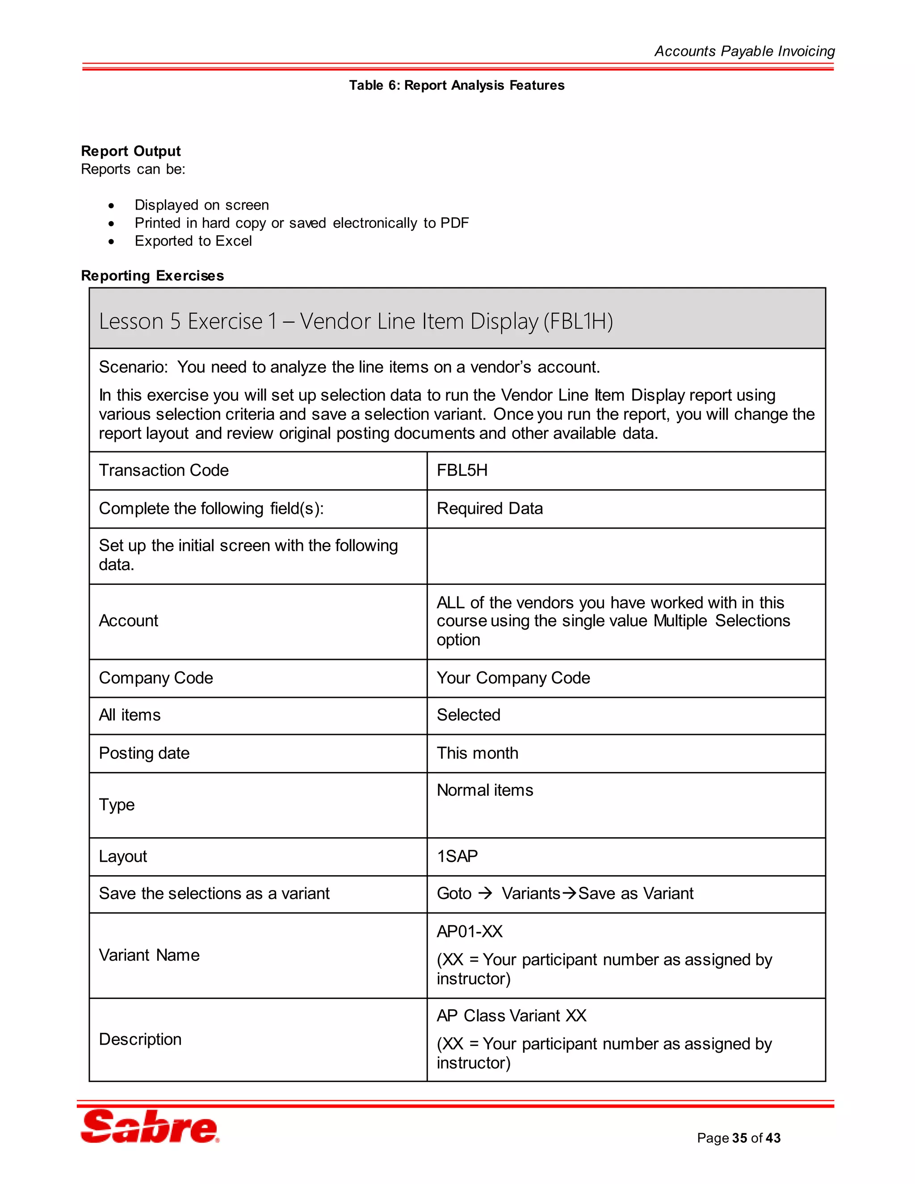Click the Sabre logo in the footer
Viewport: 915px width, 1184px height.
point(150,1127)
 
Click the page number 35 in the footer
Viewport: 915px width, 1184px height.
point(739,1138)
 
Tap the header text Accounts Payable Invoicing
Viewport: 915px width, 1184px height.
point(744,51)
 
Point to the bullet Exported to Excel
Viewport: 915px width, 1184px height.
point(193,241)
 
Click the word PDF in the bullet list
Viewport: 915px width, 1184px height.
point(454,223)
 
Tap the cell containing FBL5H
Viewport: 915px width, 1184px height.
point(462,470)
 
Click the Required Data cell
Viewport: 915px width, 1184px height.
point(490,508)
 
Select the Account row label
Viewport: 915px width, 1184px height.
point(129,621)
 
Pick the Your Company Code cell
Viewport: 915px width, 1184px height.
point(513,678)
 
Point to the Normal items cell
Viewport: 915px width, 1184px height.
point(485,790)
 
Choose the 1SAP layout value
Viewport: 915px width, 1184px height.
point(457,856)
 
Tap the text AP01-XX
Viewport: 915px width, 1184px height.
point(470,932)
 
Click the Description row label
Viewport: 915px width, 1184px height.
point(140,1039)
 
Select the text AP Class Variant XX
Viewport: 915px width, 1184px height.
point(511,1016)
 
